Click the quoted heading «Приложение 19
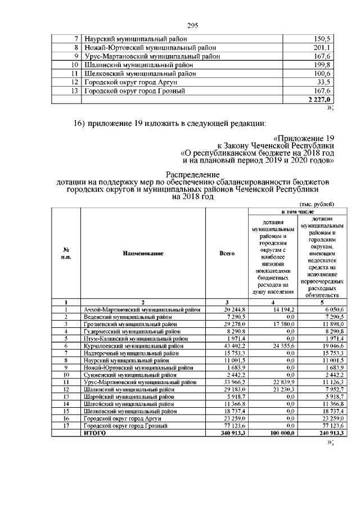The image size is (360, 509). click(x=304, y=138)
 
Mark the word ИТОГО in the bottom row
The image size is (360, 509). click(x=94, y=433)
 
